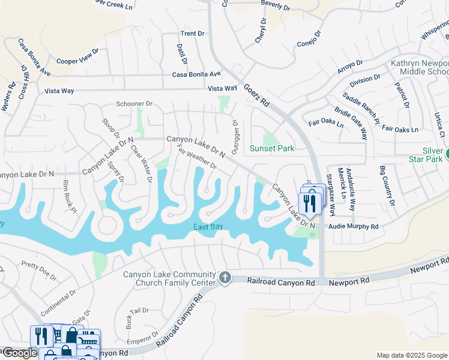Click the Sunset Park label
coord(272,148)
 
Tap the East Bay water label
coord(208,227)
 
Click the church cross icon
coord(225,277)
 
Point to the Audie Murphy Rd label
coord(353,227)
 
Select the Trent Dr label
coord(193,34)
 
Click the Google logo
coord(19,353)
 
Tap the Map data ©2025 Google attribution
coord(412,355)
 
